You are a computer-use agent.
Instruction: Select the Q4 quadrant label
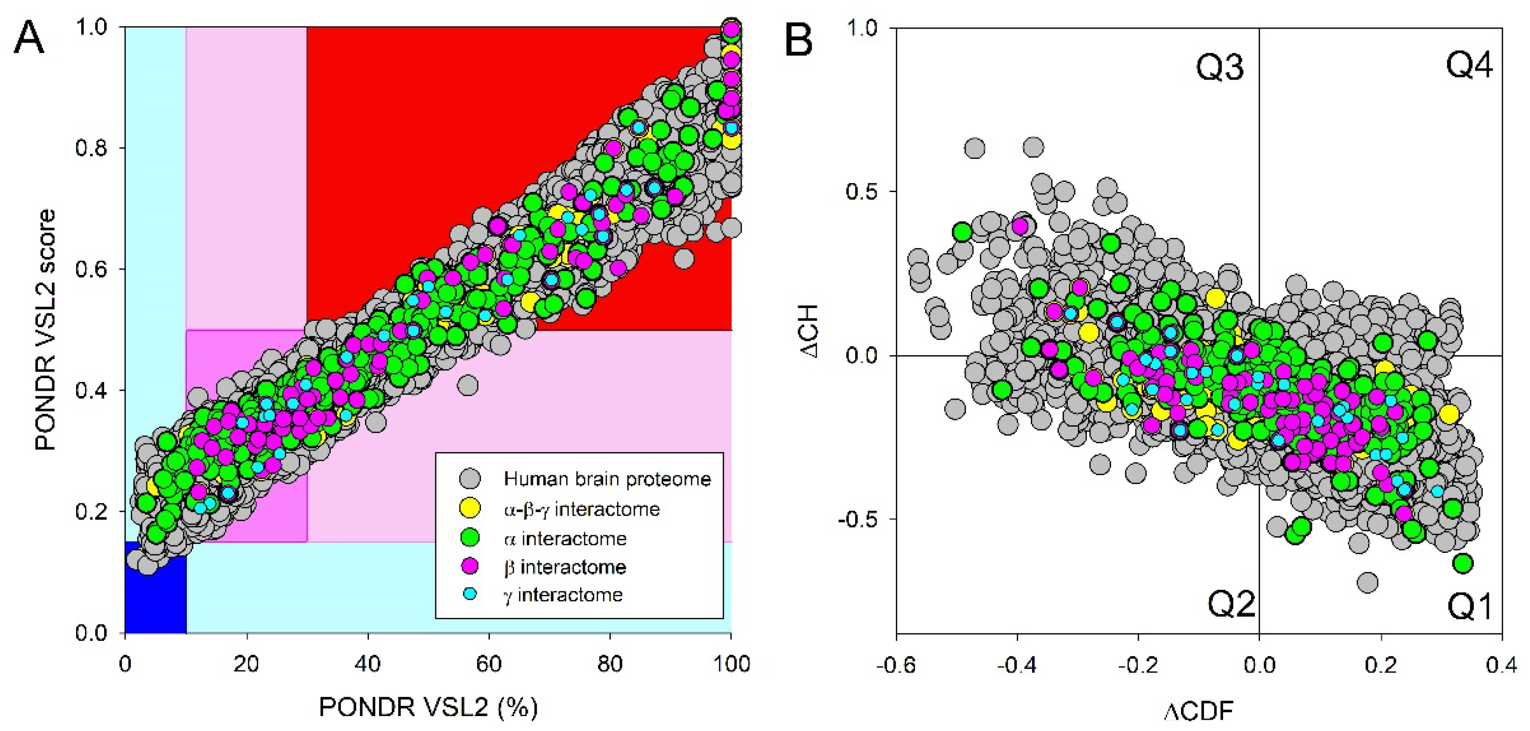pyautogui.click(x=1469, y=65)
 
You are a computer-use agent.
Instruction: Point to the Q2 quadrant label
pyautogui.click(x=1231, y=604)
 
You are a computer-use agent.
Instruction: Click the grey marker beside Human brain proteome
pyautogui.click(x=470, y=479)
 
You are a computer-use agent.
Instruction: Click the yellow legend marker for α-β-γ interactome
pyautogui.click(x=470, y=508)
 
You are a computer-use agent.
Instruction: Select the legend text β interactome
pyautogui.click(x=565, y=567)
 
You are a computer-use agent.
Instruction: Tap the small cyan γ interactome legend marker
pyautogui.click(x=470, y=594)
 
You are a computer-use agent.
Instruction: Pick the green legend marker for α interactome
pyautogui.click(x=470, y=538)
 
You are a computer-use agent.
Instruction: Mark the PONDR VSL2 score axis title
pyautogui.click(x=45, y=330)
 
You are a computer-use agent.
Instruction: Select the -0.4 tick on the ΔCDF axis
pyautogui.click(x=1016, y=665)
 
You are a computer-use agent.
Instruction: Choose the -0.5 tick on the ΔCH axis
pyautogui.click(x=859, y=519)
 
